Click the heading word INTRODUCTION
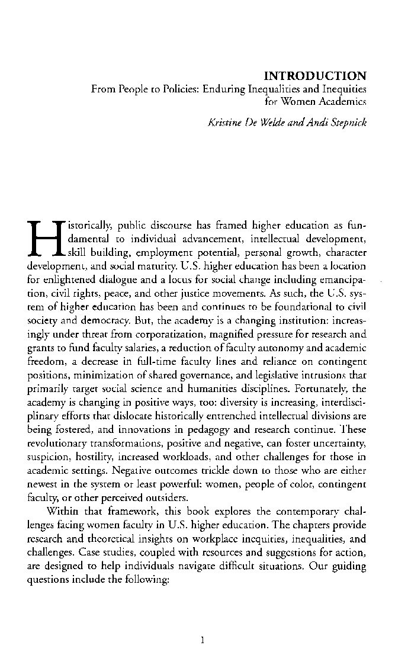[x=315, y=76]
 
